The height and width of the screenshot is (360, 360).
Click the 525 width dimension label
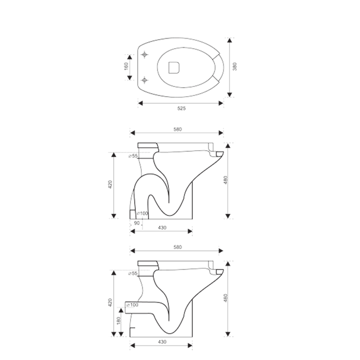coord(181,108)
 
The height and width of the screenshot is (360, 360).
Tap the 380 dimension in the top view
coord(235,67)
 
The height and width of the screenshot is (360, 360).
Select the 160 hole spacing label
coord(126,66)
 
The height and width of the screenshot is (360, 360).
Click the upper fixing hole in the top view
coord(144,55)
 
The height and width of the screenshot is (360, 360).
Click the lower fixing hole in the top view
coord(144,80)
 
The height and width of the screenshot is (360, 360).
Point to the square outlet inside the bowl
coord(174,68)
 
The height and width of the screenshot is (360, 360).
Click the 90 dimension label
coord(136,223)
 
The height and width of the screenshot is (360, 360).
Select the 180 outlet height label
coord(119,321)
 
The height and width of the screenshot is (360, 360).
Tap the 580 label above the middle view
coord(178,129)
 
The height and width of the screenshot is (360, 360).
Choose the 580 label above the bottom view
coord(178,247)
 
